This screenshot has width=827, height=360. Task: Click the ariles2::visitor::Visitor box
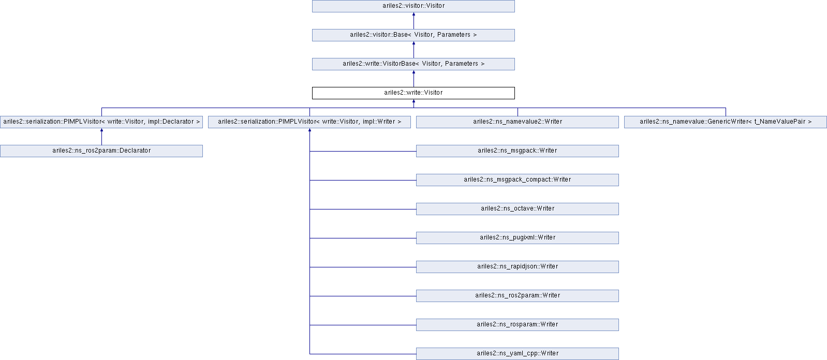(x=413, y=6)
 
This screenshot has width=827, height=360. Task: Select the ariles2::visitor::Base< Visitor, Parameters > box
(x=413, y=35)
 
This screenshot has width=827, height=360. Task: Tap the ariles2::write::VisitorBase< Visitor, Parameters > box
(x=413, y=64)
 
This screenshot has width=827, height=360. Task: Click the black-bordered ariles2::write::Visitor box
(x=413, y=93)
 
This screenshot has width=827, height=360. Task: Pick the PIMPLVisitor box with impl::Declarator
(x=101, y=122)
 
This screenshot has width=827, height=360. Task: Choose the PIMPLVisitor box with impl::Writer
(x=309, y=122)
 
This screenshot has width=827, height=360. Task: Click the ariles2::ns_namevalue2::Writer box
(x=518, y=122)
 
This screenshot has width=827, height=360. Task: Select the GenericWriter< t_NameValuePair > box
(x=726, y=122)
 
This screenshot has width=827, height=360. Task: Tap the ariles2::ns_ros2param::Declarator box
(x=101, y=151)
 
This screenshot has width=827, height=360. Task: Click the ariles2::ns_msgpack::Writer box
(x=518, y=151)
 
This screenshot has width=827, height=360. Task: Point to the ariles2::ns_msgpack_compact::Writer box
(x=518, y=180)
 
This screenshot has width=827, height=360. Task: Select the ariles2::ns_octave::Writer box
(x=518, y=209)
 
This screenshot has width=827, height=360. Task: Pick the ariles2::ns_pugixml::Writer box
(x=518, y=238)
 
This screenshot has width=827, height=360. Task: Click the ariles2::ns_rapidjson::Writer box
(x=518, y=267)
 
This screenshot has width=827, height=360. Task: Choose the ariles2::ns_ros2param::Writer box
(x=518, y=296)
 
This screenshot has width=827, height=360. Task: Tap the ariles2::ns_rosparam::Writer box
(x=518, y=325)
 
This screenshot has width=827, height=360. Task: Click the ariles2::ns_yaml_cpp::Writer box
(x=518, y=354)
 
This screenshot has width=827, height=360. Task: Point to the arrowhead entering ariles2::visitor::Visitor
(x=413, y=14)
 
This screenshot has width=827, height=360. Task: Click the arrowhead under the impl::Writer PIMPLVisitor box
(x=310, y=130)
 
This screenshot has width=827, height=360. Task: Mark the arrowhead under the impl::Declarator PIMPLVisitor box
(x=101, y=130)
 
